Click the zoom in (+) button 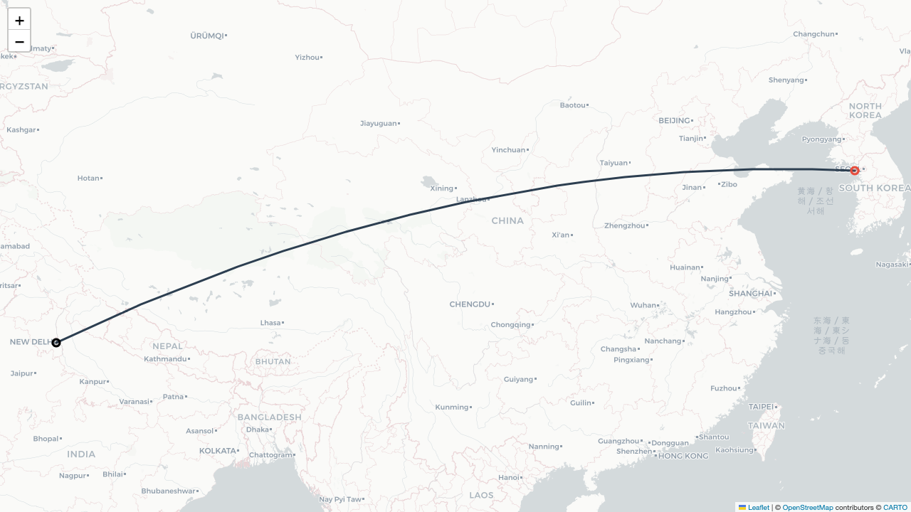19,20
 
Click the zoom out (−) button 19,41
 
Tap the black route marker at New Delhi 56,343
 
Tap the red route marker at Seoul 855,171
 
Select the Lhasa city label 270,323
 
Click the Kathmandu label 165,359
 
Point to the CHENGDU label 470,304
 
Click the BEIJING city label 675,121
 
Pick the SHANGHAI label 750,294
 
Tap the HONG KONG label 683,456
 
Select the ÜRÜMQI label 207,36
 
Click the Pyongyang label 821,139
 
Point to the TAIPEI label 761,407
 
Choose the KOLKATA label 217,451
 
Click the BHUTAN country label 273,361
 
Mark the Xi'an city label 561,235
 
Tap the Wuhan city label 643,306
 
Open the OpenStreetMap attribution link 807,508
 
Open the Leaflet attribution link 758,508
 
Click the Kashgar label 21,130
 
